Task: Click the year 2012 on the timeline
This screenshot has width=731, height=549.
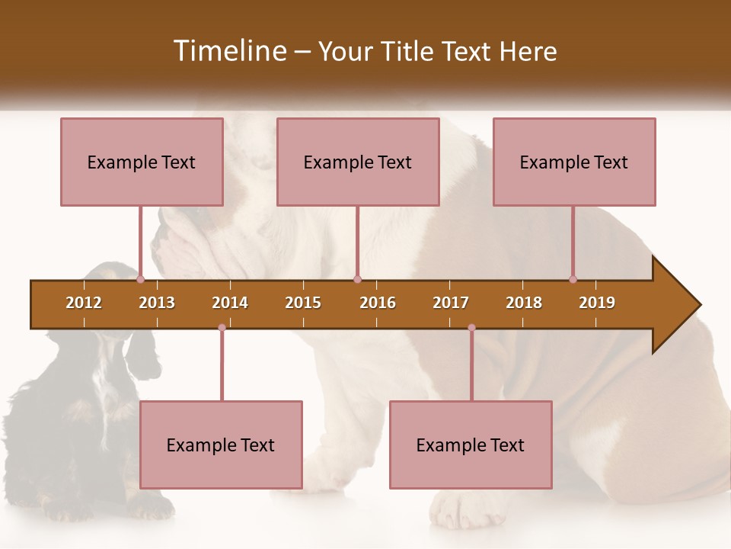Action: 84,303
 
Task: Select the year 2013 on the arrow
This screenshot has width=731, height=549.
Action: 157,303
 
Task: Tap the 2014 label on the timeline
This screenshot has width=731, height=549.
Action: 230,303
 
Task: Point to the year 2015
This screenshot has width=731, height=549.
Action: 303,303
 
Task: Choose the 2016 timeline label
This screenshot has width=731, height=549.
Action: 378,303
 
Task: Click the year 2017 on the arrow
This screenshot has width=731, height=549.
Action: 451,303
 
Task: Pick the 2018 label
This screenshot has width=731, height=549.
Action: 524,303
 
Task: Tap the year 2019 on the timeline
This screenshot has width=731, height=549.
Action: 597,303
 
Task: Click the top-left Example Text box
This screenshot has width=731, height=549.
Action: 142,162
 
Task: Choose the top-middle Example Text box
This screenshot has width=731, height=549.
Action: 358,162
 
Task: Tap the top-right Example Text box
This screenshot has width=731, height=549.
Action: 574,162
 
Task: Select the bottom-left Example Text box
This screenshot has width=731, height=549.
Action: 221,445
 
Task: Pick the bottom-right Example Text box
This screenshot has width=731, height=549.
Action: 471,445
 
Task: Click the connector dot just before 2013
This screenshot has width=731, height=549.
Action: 141,280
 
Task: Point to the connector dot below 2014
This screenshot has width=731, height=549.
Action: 222,327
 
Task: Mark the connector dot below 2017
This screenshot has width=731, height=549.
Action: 471,327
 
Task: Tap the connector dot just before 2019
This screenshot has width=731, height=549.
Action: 573,280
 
